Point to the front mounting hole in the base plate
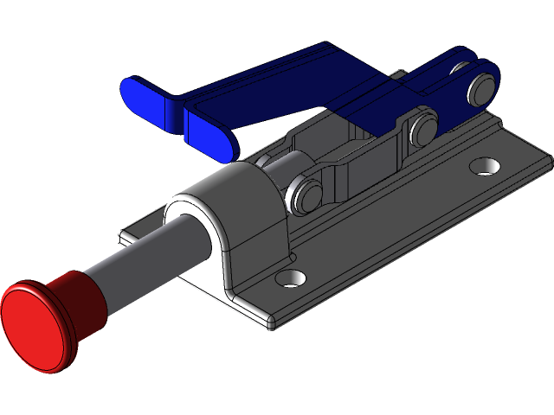[x=293, y=279]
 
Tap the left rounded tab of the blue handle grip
[x=144, y=97]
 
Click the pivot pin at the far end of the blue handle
[x=481, y=86]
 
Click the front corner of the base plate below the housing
[x=271, y=327]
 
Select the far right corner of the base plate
[x=547, y=157]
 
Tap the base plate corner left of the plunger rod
[x=126, y=234]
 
